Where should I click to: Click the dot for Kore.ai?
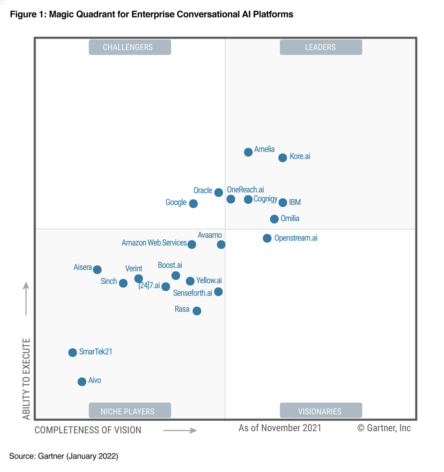[283, 158]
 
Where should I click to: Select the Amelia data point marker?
[248, 152]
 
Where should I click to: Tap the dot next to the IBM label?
[283, 203]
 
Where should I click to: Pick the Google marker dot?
[193, 203]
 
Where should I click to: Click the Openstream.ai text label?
[296, 238]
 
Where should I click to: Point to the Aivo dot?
[82, 381]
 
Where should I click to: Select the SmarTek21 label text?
[95, 352]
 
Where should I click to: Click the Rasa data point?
[197, 311]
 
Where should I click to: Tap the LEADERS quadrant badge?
[320, 47]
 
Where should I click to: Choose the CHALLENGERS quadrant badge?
[130, 47]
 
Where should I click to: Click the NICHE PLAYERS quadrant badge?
[130, 411]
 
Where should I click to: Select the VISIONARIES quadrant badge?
[320, 411]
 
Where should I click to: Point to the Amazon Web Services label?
[154, 243]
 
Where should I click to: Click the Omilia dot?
[274, 219]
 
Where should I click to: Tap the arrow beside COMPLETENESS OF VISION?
[180, 430]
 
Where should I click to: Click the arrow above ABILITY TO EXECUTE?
[26, 298]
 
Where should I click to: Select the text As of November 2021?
[280, 428]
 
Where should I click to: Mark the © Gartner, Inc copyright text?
[384, 428]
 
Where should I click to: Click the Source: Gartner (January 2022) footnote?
[64, 456]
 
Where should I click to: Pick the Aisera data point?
[97, 269]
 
